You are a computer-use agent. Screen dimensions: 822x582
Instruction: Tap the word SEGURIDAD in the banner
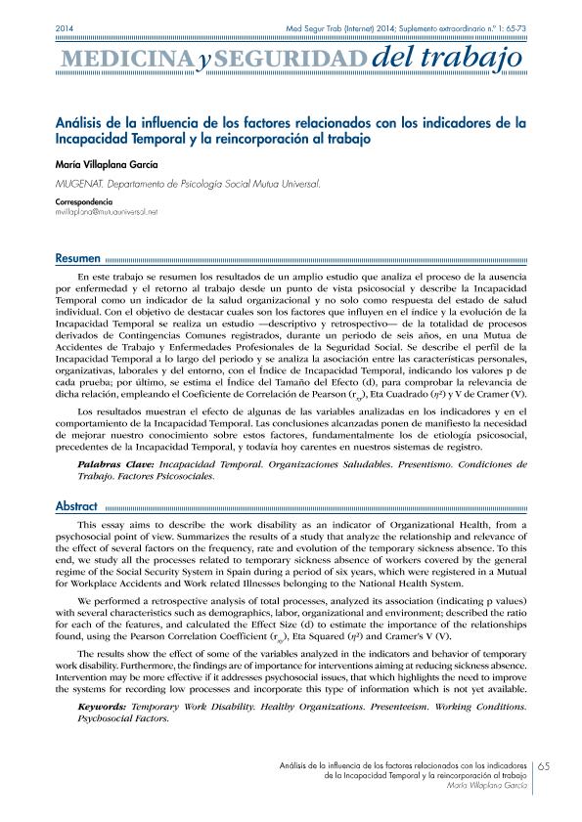pos(285,64)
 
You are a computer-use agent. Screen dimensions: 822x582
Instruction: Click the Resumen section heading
pos(77,259)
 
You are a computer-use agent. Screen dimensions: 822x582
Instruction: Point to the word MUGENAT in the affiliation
pos(79,183)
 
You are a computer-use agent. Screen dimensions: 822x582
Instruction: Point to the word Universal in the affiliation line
pos(293,183)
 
